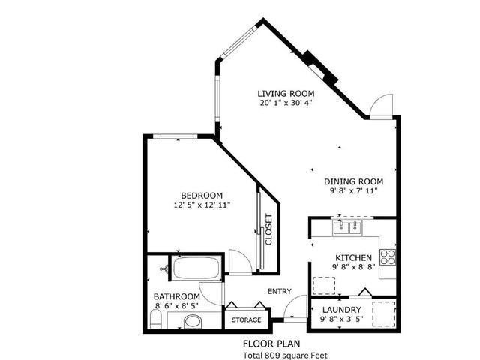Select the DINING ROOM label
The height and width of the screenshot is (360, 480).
point(353,181)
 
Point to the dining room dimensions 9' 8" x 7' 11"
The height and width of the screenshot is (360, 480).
point(353,191)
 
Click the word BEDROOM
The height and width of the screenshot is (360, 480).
point(201,195)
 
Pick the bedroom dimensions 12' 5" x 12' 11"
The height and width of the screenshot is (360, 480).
point(201,204)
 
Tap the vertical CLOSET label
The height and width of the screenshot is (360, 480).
point(268,231)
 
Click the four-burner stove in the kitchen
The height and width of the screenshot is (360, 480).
point(388,257)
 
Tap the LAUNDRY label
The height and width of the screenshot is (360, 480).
point(342,310)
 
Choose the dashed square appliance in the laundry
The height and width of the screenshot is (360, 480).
point(384,312)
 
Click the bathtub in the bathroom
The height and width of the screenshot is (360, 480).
point(196,267)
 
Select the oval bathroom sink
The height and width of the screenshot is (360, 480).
point(193,322)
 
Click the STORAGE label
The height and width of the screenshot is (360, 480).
point(246,320)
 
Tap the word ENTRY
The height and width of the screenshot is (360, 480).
point(279,292)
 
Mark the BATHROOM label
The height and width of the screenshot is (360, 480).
point(177,296)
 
